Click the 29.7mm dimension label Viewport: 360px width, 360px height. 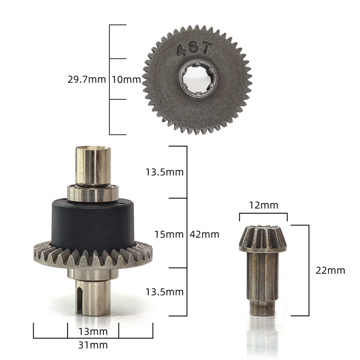[87, 80]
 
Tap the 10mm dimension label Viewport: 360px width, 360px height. [126, 80]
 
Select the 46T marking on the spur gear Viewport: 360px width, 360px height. [193, 49]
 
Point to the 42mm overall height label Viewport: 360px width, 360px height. [204, 234]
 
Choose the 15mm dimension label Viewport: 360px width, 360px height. [169, 234]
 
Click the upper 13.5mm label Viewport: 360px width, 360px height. [165, 172]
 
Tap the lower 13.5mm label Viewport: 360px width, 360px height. [165, 292]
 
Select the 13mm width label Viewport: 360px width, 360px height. [93, 331]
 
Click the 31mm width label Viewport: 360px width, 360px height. [93, 345]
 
